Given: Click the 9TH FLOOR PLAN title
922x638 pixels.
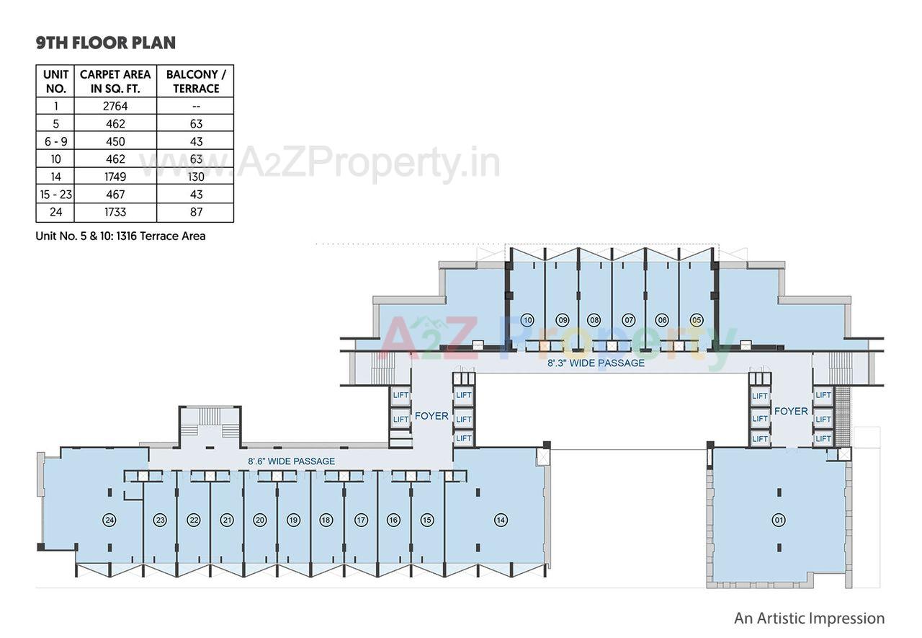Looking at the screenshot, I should coord(106,43).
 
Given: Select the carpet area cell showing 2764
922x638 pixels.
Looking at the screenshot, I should coord(115,106).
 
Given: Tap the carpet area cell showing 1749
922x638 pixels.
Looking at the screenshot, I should coord(115,177).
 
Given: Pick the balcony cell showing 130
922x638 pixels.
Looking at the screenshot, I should coord(196,177).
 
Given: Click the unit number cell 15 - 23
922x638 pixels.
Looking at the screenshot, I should coord(55,195).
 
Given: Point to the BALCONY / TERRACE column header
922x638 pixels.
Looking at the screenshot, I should coord(196,81).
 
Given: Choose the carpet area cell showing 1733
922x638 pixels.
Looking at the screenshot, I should coord(115,212).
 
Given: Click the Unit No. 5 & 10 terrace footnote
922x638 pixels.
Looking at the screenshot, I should coord(120,236).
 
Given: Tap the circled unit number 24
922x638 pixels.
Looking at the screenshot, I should coord(109,520).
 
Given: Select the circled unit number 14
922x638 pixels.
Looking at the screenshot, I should coord(501,520).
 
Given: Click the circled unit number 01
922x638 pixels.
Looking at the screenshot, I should coord(779,520).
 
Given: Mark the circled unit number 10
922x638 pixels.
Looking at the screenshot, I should coord(528,320).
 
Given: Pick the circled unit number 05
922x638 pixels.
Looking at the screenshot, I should coord(697,320).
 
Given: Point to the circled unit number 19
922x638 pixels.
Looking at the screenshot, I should coord(293,520).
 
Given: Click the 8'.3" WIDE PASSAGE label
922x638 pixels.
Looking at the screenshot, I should coord(596,363).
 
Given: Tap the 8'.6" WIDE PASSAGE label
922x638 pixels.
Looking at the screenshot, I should coord(291,461).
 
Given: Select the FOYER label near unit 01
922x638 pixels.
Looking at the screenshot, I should coord(791,411).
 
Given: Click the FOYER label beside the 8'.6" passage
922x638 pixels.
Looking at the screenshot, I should coord(431,416).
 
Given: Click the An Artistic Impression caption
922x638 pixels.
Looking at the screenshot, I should coord(809,618).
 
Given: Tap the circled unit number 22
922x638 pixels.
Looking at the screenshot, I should coord(193,520).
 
